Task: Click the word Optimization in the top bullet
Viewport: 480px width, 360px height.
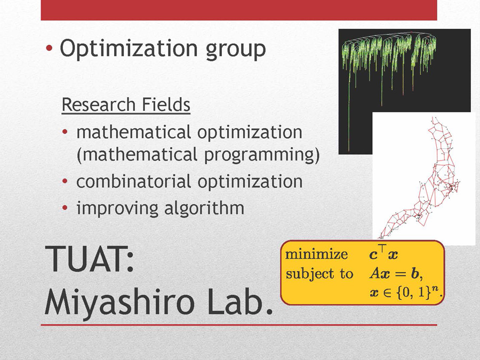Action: pos(129,49)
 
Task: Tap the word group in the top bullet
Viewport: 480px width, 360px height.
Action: pos(236,51)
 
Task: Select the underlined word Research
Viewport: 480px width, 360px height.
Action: pos(99,105)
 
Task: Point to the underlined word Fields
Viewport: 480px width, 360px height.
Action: pos(166,105)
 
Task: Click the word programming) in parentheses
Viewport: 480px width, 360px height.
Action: pos(262,155)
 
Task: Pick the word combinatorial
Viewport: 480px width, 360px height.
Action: pos(134,181)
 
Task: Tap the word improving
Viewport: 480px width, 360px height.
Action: pos(117,209)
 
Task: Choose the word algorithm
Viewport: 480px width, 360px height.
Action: pos(204,208)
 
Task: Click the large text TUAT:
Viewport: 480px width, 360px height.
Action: pos(90,259)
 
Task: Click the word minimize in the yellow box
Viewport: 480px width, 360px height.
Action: pos(316,254)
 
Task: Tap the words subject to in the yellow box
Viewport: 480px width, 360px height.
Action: pos(319,274)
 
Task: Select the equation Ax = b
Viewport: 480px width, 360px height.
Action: pos(395,274)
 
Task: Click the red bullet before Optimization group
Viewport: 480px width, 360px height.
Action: pos(49,48)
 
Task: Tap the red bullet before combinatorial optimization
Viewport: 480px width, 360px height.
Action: pos(65,181)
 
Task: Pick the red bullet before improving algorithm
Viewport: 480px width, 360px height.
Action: pos(65,208)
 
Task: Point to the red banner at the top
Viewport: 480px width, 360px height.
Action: pos(239,10)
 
